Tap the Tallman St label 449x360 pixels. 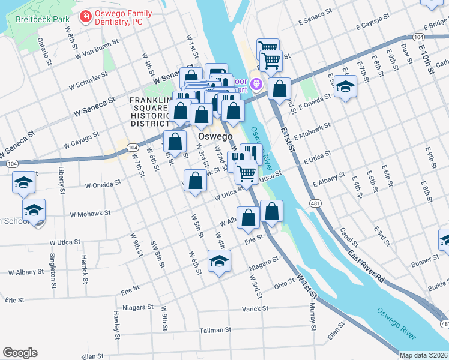[x=215, y=330]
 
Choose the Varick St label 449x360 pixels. [x=255, y=308]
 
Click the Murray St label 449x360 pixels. [x=313, y=317]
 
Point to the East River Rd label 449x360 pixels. [x=366, y=268]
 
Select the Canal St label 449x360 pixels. [x=348, y=236]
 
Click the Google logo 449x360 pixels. [x=20, y=353]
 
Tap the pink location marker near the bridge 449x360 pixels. [x=257, y=83]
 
